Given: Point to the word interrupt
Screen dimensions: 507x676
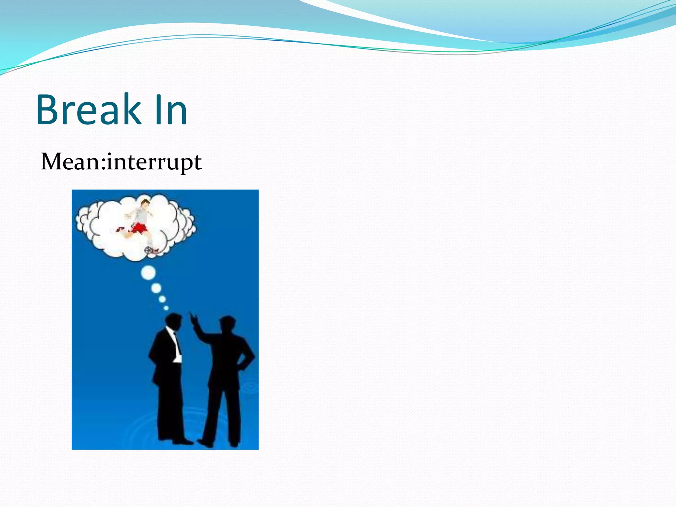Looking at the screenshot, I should pyautogui.click(x=154, y=162).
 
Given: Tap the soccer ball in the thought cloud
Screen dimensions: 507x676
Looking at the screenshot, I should pyautogui.click(x=148, y=250).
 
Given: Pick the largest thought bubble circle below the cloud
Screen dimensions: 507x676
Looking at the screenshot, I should pyautogui.click(x=148, y=273).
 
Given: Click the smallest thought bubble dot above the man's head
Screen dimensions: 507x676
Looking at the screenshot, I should pyautogui.click(x=166, y=308).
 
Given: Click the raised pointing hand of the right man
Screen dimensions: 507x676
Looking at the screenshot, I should pyautogui.click(x=193, y=319).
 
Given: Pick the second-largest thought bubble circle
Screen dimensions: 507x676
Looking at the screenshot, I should pyautogui.click(x=156, y=288).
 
